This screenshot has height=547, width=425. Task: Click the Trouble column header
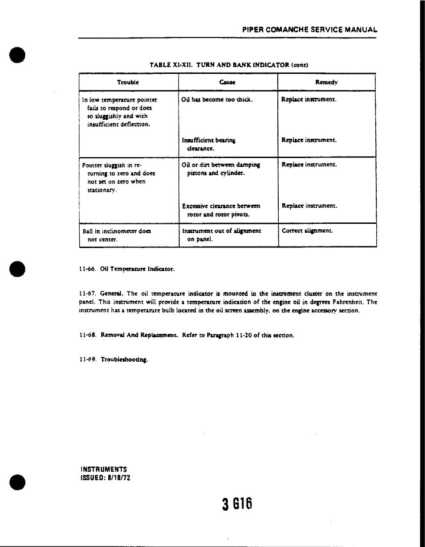tap(128, 82)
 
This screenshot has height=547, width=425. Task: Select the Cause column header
tap(228, 82)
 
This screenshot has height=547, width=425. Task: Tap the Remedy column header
tap(327, 82)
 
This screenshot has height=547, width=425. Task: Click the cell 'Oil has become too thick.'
tap(217, 100)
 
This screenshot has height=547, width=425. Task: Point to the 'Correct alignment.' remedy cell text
tap(307, 231)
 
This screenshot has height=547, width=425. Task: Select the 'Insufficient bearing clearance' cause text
tap(209, 144)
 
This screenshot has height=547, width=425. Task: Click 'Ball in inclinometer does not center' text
tap(117, 235)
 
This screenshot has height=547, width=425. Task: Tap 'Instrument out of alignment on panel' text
tap(221, 235)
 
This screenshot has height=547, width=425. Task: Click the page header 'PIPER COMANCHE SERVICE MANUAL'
tap(310, 30)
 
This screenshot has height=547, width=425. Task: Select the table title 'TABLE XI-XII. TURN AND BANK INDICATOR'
tap(229, 65)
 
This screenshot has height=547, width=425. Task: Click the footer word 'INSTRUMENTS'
tap(104, 469)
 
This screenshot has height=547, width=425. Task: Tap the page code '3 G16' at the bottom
tap(238, 504)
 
